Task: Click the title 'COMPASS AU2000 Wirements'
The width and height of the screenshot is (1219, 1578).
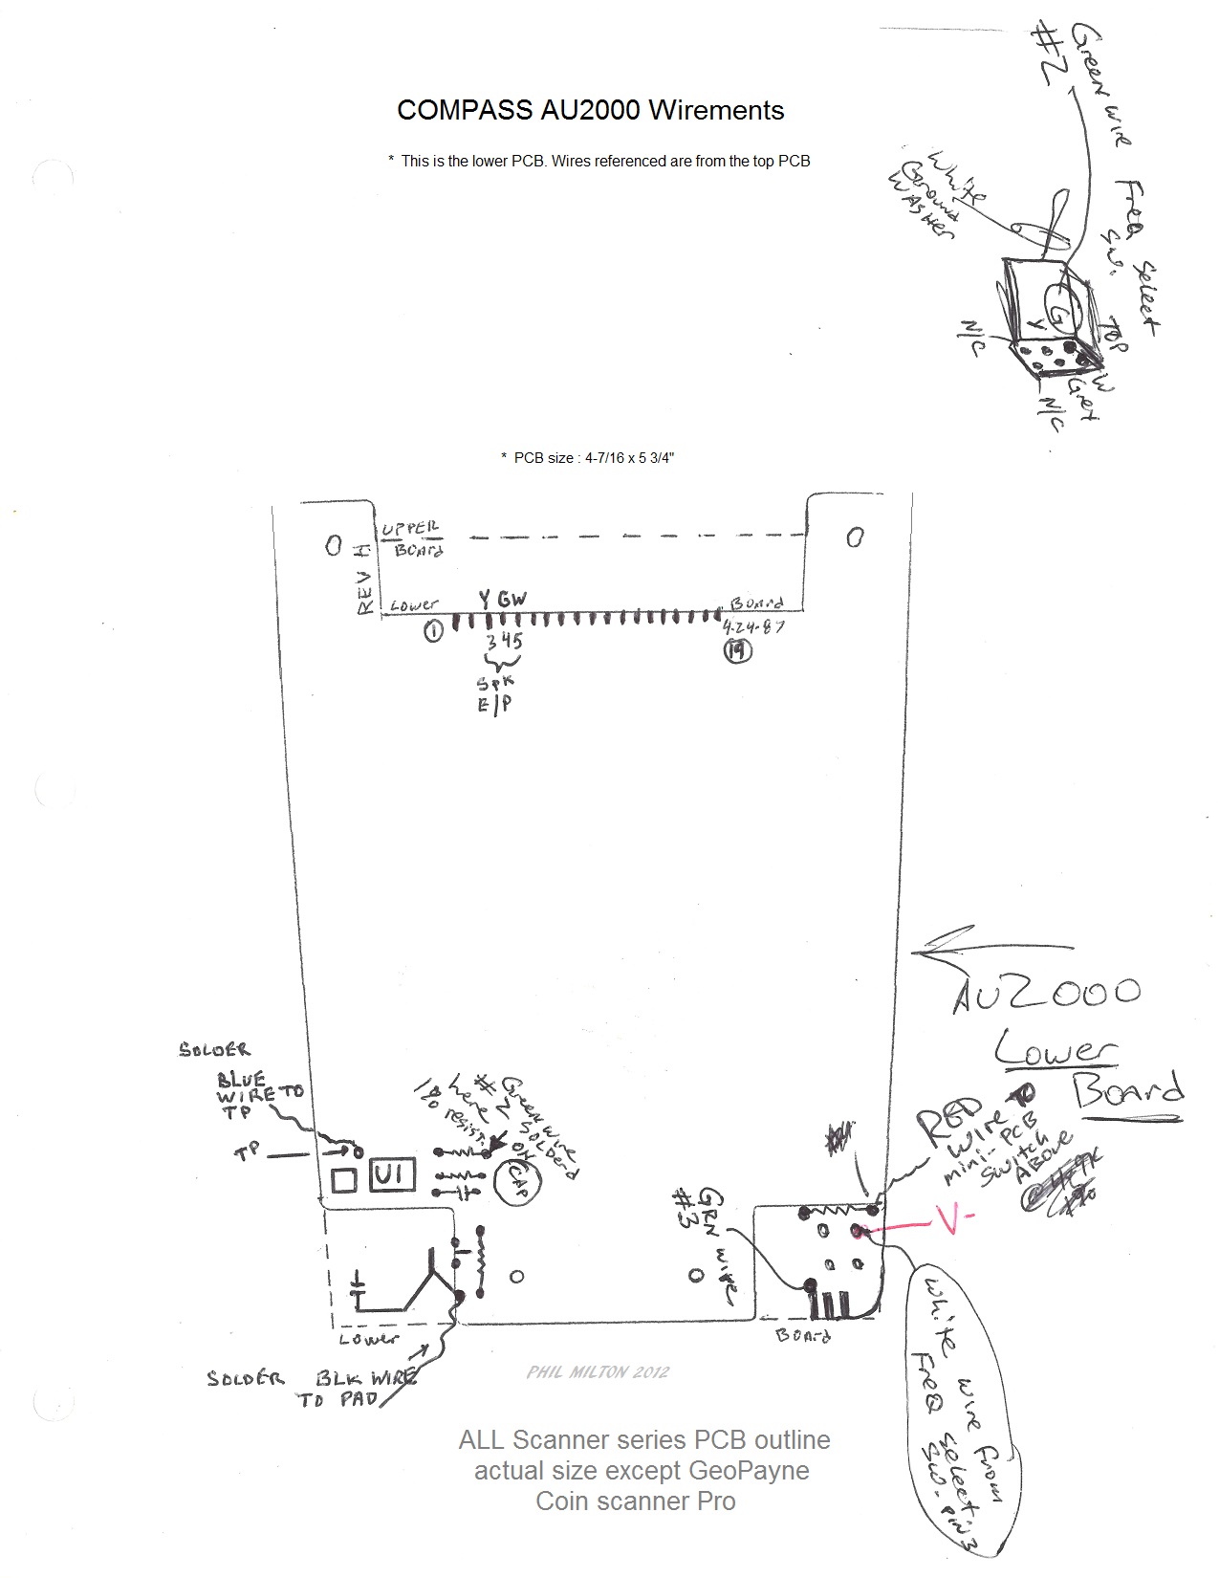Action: [x=590, y=111]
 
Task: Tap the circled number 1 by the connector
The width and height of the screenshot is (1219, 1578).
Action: [x=433, y=631]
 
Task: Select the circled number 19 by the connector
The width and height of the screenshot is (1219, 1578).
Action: [x=737, y=651]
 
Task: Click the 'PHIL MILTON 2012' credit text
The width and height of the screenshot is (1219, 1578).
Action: [x=598, y=1371]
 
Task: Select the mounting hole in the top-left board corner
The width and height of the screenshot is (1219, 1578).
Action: [x=333, y=546]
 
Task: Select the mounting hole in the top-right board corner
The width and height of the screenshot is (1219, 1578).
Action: [x=855, y=537]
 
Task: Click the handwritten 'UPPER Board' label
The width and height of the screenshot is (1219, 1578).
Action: [x=412, y=539]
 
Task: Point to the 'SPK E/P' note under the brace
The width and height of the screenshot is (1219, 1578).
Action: [x=496, y=693]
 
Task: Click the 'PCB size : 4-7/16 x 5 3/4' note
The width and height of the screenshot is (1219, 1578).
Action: [x=587, y=458]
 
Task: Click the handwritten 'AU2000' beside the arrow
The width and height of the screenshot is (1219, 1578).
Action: [x=1047, y=993]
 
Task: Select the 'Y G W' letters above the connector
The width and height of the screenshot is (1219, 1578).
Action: [x=502, y=600]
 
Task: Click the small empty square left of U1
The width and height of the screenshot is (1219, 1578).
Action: [x=343, y=1179]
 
